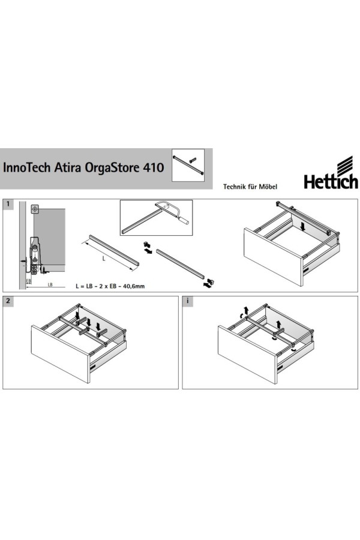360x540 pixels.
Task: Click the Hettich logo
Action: pyautogui.click(x=331, y=173)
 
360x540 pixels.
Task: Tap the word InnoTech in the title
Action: pyautogui.click(x=26, y=167)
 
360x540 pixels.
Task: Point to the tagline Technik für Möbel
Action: pyautogui.click(x=250, y=187)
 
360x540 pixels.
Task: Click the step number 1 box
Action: pyautogui.click(x=8, y=204)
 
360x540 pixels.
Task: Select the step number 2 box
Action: pyautogui.click(x=8, y=301)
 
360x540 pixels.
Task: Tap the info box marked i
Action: pyautogui.click(x=187, y=301)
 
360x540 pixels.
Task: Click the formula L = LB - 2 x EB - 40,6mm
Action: pyautogui.click(x=110, y=286)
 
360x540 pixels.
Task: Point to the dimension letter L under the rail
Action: pyautogui.click(x=104, y=258)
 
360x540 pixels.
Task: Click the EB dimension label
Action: pyautogui.click(x=29, y=281)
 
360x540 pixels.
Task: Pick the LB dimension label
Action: pyautogui.click(x=50, y=284)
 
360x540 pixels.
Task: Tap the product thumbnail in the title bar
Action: pyautogui.click(x=188, y=164)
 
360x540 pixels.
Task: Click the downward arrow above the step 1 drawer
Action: pyautogui.click(x=302, y=226)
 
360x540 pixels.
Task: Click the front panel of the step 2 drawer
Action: pyautogui.click(x=61, y=353)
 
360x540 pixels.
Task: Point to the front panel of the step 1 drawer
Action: pyautogui.click(x=273, y=257)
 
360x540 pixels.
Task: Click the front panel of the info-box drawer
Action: pyautogui.click(x=247, y=355)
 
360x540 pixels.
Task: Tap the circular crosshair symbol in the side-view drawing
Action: pyautogui.click(x=34, y=209)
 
